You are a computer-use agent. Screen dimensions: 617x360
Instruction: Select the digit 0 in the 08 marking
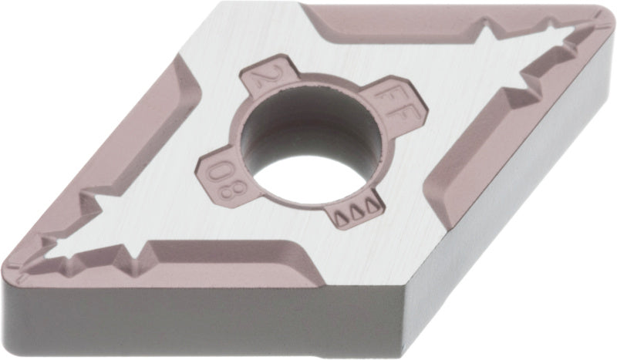click(218, 172)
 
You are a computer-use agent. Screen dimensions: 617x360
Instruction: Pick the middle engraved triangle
click(356, 212)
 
